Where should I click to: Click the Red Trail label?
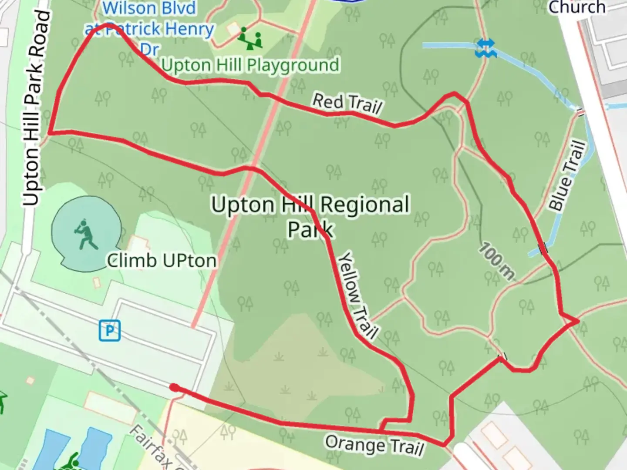coord(347,103)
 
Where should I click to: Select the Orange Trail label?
coord(374,445)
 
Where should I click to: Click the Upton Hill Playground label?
coord(250,65)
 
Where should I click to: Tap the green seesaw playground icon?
coord(250,38)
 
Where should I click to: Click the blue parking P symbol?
coord(109,330)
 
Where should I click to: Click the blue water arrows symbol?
coord(485,48)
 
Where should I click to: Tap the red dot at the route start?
coord(174,387)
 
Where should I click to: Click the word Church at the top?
coord(577,7)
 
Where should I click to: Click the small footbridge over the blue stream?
coord(543,248)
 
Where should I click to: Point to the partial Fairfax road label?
coord(152,448)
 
